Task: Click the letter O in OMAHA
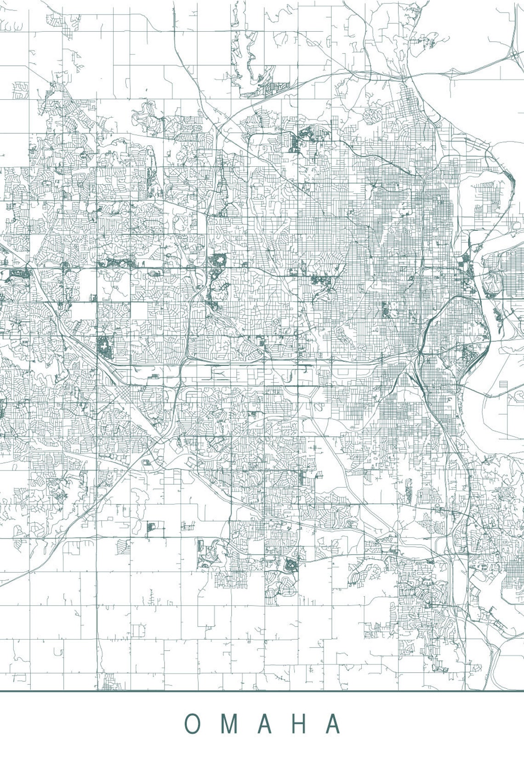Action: (x=193, y=724)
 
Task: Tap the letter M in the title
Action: (x=226, y=724)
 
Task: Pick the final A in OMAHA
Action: (x=333, y=724)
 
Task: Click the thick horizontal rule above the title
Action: (x=262, y=691)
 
